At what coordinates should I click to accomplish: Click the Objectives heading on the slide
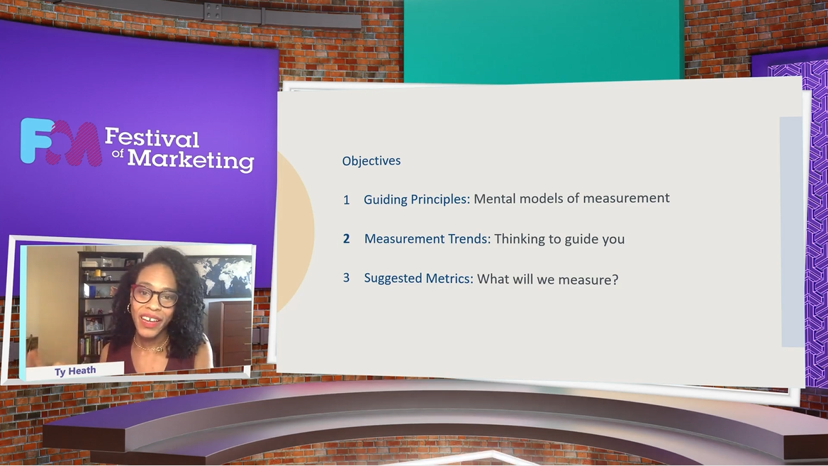pos(371,160)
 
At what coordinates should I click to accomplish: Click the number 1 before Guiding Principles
pos(347,200)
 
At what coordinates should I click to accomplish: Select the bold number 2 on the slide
pos(347,239)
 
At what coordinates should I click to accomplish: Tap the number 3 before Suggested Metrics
pos(347,277)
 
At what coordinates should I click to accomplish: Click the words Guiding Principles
pos(417,199)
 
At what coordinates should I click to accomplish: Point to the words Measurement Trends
pos(427,239)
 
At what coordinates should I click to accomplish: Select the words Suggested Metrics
pos(419,278)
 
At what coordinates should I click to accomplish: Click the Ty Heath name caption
pos(75,371)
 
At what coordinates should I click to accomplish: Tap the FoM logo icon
pos(60,142)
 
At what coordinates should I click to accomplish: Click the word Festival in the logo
pos(152,138)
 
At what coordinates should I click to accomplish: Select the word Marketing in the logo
pos(191,160)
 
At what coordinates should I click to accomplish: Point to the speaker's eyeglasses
pos(155,295)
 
